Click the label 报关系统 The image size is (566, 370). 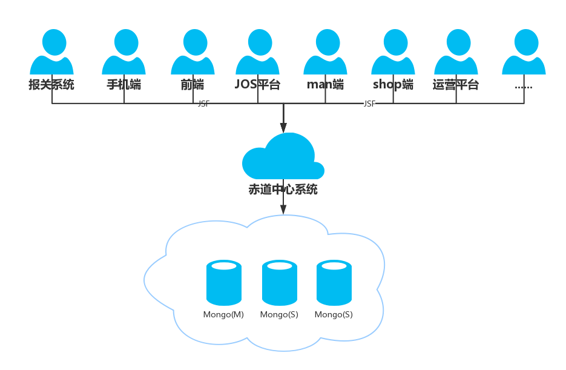pos(51,85)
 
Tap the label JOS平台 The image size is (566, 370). pos(257,85)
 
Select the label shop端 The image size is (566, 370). pos(393,85)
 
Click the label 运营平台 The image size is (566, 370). pos(456,85)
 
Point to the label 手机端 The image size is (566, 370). pos(123,85)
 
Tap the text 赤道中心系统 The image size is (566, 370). pos(283,190)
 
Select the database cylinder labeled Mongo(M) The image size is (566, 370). pos(224,282)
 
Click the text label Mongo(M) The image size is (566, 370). pos(223,315)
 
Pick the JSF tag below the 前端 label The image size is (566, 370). pos(203,104)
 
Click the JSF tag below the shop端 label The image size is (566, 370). pos(369,104)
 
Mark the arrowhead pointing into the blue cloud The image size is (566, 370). pos(283,128)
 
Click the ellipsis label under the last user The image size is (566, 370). pos(523,86)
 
